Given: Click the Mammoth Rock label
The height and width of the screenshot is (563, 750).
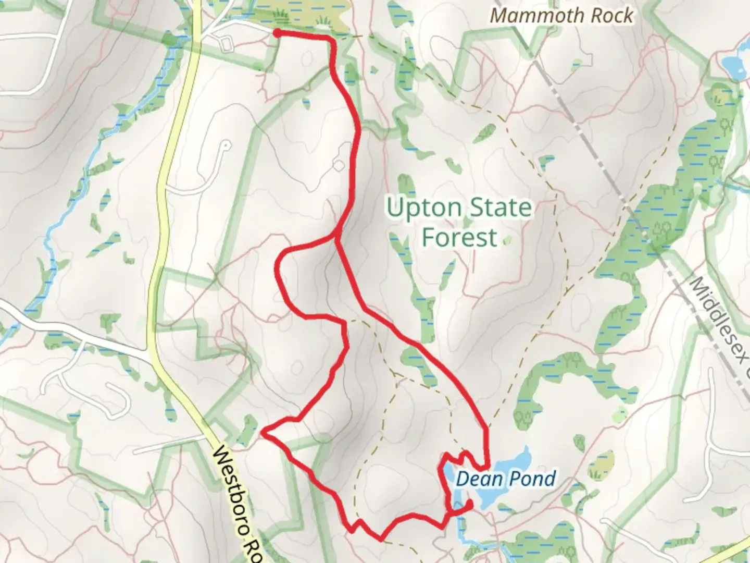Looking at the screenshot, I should point(561,16).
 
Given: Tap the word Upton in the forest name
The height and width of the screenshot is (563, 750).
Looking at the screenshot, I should point(417,208).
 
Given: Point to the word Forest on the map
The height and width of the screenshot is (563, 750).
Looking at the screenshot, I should point(459,238).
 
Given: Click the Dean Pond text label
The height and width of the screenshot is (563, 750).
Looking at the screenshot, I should point(505,479).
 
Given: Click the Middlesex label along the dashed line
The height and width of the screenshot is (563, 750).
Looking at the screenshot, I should point(719,323).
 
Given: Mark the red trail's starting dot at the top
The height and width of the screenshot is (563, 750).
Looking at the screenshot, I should point(278,33).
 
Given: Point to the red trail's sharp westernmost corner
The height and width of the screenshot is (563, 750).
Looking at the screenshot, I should point(265,431).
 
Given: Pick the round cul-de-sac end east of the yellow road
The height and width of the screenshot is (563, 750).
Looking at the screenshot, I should point(225,145).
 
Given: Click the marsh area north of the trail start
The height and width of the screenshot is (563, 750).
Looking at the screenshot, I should point(302,16).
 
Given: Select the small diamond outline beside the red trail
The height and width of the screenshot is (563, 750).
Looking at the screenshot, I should point(339,166).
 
